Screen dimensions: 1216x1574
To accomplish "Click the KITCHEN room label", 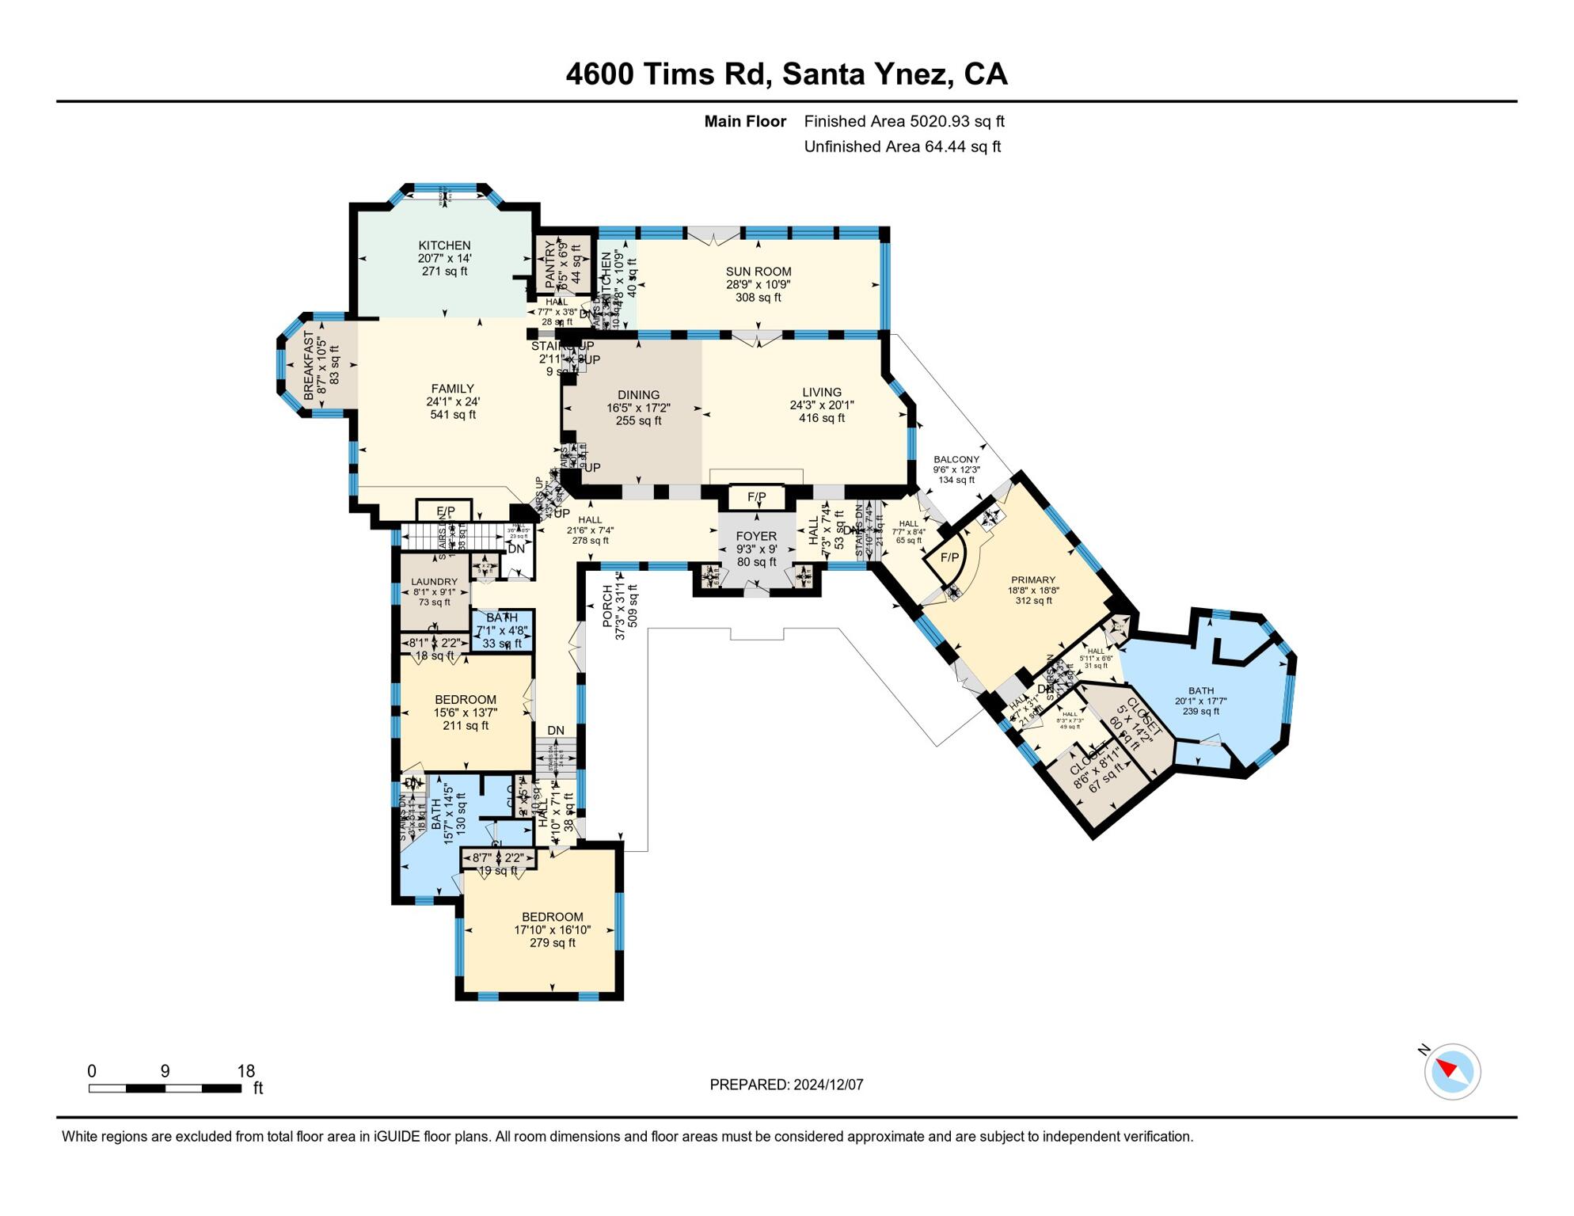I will tap(444, 245).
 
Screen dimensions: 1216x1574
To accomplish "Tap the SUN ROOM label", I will tap(758, 272).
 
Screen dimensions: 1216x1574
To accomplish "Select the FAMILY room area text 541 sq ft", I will tap(453, 415).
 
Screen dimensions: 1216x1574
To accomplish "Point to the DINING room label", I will tap(638, 395).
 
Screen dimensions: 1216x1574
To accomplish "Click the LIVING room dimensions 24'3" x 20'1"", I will tap(821, 405).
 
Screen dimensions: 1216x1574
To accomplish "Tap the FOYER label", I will tap(756, 536).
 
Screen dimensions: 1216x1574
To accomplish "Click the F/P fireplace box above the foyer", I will tap(756, 497).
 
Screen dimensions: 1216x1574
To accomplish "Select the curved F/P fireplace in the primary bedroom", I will tap(949, 557).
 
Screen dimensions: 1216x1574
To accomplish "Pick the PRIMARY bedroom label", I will tap(1032, 580).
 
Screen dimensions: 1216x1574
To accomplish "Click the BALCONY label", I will tap(956, 459).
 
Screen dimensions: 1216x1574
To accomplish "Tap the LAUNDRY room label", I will tap(434, 582).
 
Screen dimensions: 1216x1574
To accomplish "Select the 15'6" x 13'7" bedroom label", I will tap(466, 712).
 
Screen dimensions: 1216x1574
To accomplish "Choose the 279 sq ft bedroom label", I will tap(553, 943).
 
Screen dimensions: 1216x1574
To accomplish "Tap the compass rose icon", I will tap(1451, 1071).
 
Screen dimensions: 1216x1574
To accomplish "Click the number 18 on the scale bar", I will tap(246, 1071).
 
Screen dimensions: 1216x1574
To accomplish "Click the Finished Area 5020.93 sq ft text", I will tap(903, 121).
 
